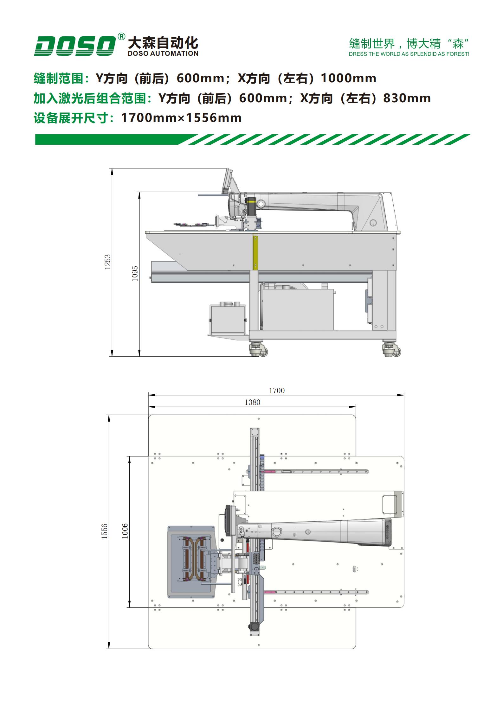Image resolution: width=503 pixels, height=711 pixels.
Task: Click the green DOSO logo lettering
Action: pos(75,46)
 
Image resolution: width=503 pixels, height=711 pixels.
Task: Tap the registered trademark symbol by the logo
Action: pos(121,37)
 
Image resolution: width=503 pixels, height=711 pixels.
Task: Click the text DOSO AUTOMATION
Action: pos(163,54)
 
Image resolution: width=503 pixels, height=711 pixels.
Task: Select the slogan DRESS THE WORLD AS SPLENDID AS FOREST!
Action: pos(409,54)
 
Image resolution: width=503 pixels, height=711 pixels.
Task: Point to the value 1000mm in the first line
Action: pos(349,78)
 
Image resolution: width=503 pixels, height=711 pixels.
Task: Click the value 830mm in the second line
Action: pos(407,98)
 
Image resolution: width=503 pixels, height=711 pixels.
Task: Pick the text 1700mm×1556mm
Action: pos(181,118)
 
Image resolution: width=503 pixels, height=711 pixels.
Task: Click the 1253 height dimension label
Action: pos(108,262)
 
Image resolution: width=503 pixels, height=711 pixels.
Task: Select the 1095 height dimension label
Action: pos(135,273)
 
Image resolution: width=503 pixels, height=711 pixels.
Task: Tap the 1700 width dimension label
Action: pos(277,391)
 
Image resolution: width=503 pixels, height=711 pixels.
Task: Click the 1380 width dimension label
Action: pos(252,403)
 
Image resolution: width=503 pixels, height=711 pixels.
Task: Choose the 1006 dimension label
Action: pos(125,531)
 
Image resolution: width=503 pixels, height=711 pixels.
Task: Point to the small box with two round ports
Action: pos(228,318)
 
